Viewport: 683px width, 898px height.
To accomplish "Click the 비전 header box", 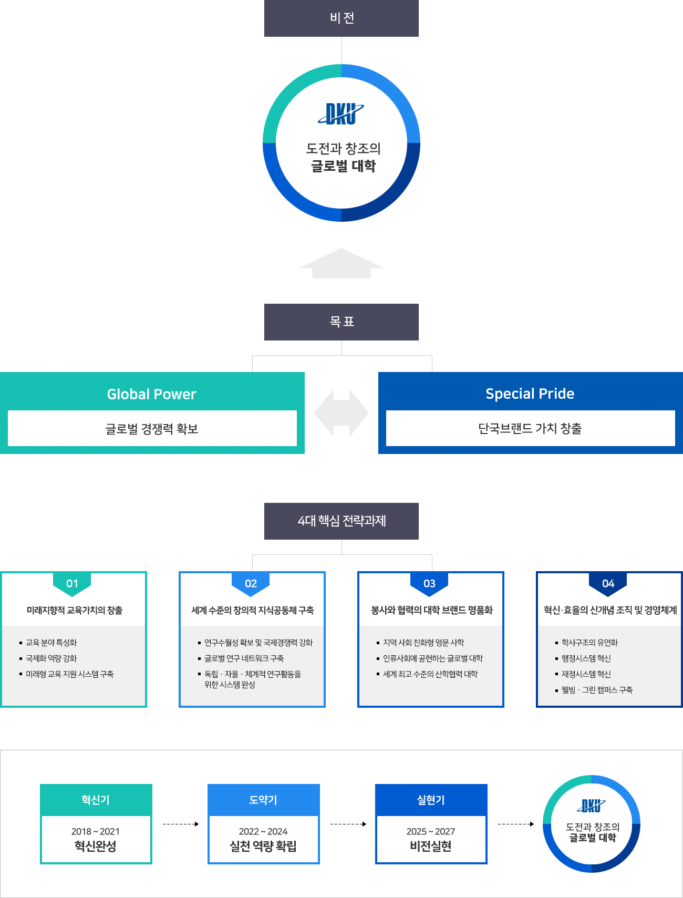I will click(x=341, y=18).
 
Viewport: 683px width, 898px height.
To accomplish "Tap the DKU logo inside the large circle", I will click(x=341, y=114).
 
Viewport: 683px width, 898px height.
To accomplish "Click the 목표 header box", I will click(x=341, y=322).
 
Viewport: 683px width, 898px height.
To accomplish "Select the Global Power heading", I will click(x=151, y=394).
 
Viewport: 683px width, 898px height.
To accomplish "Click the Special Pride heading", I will click(x=530, y=394).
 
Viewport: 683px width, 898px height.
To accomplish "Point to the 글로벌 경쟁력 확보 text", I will click(x=152, y=429).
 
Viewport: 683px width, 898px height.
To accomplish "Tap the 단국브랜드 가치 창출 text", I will click(x=530, y=429).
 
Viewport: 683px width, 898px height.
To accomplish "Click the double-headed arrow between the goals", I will click(x=341, y=413).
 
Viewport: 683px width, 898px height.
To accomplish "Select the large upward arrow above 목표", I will click(x=341, y=264).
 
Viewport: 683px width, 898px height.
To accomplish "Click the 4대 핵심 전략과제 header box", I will click(x=341, y=521).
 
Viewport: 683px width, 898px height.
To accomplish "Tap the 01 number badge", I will click(x=73, y=584).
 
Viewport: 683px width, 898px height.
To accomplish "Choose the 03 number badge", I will click(x=429, y=584).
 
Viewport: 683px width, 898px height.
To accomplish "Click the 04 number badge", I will click(x=608, y=584).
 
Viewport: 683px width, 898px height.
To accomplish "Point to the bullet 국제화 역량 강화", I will click(x=51, y=658).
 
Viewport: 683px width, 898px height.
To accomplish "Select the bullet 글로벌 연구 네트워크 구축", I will click(x=244, y=658).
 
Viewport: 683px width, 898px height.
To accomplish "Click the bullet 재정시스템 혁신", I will click(x=586, y=674).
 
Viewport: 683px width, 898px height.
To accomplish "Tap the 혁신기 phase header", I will click(x=96, y=800).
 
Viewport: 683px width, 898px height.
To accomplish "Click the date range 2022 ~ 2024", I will click(x=263, y=831).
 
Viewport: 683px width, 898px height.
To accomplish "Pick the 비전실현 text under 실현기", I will click(x=431, y=846).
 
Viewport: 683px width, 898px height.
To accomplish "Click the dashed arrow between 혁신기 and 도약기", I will click(x=180, y=824).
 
